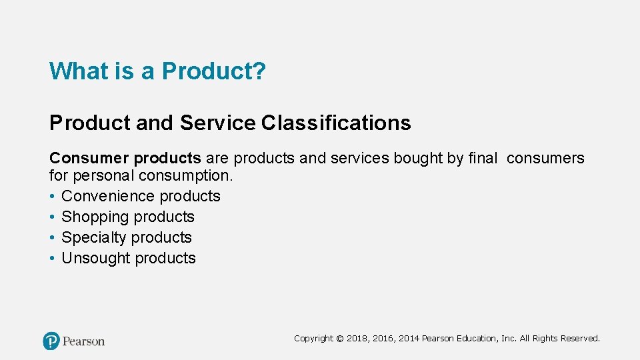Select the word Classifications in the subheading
[336, 123]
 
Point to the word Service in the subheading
[217, 123]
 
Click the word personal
[103, 175]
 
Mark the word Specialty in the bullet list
[92, 237]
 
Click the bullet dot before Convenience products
[52, 196]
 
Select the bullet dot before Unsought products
[52, 258]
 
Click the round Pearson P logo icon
[51, 341]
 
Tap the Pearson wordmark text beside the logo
[84, 341]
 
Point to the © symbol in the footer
[340, 339]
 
